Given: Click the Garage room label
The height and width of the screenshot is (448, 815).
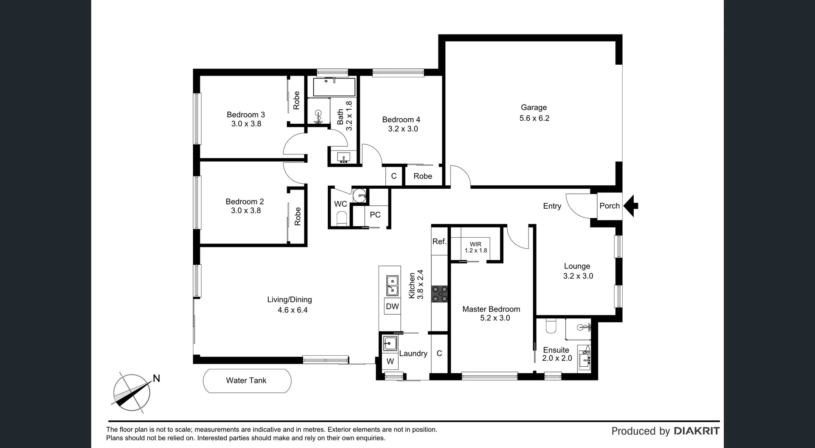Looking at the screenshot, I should pos(534,108).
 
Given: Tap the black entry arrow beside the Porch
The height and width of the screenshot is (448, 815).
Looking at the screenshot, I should pos(632,206).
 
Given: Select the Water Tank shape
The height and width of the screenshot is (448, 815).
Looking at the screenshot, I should pos(247,380).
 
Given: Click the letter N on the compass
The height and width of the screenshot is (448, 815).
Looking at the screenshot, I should pos(156,378).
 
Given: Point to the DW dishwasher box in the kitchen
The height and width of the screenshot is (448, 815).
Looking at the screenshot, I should pos(392,306).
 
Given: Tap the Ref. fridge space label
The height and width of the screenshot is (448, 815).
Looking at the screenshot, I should pos(439,241).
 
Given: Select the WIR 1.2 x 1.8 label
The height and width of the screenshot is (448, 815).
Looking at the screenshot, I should pos(475,247).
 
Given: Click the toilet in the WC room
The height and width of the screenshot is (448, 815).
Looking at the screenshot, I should pos(342,219).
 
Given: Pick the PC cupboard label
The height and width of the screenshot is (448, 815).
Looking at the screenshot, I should pos(375,215).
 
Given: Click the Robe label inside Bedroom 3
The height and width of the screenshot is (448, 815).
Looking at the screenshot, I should pos(296,100).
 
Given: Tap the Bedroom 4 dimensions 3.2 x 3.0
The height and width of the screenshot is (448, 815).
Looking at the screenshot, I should pos(403,129).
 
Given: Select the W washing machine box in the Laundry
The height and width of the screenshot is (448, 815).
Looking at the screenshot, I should pos(390,361).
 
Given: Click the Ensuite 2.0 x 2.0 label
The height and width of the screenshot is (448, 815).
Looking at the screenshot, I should pos(556,354).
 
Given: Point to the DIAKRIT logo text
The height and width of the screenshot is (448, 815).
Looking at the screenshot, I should pos(697,431).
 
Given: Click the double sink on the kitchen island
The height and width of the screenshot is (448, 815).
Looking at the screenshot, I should pos(392,285).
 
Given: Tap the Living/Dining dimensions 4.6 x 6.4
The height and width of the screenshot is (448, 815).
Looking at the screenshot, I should pos(292,310).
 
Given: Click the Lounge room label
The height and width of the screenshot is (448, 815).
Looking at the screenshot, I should pos(577,266).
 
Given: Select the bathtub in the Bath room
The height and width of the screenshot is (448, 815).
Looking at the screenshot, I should pos(334,87).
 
